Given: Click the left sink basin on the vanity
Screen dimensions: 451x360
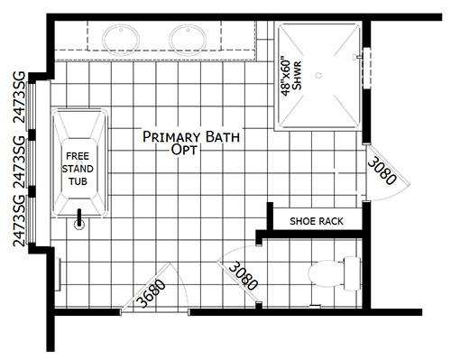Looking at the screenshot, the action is (121, 41).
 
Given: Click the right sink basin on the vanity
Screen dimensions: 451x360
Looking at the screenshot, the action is (188, 41).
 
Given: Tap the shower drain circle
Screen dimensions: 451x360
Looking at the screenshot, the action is (318, 75).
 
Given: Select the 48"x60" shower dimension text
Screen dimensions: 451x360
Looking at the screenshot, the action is (286, 78).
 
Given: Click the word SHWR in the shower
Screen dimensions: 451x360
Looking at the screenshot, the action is (297, 75).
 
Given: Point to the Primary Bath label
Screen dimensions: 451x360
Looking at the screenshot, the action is (191, 137).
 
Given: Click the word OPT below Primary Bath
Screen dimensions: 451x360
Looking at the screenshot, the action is (184, 149).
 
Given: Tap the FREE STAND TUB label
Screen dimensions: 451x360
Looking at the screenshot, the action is (78, 169).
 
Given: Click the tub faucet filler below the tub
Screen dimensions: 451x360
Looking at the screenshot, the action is (79, 219).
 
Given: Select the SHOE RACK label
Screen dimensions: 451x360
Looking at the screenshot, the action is (317, 221).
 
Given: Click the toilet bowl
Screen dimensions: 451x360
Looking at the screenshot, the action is (326, 273).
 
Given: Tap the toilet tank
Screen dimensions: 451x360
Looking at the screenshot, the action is (352, 273).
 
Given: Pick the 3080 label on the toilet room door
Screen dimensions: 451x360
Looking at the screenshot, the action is (243, 276).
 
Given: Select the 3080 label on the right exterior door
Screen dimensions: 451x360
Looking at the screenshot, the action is (382, 171).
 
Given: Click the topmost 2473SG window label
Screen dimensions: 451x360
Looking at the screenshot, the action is (20, 97).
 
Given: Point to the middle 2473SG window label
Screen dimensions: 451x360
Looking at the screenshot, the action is (20, 162).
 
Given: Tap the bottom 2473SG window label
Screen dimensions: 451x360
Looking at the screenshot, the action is (19, 221).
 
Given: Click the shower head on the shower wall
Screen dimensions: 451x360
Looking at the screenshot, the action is (358, 56).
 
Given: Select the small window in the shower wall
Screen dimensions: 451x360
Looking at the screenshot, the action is (367, 68).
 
